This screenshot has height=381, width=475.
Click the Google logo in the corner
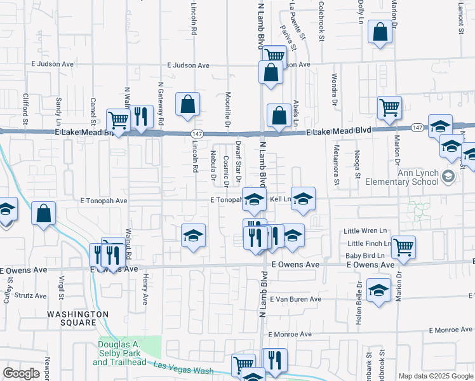click(x=22, y=373)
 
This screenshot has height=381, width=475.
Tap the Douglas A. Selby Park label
click(x=119, y=353)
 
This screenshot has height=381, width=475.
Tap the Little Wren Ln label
click(x=365, y=231)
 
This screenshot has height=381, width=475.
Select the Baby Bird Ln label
click(x=365, y=255)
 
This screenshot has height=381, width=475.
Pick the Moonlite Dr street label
click(x=227, y=102)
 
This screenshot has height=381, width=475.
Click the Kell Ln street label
click(x=280, y=199)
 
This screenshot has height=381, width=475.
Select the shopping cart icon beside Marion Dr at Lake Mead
click(x=389, y=107)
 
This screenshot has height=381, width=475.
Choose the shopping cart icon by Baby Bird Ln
click(x=403, y=247)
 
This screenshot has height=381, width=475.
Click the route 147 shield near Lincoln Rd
click(x=197, y=133)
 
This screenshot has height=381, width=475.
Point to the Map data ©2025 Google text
click(x=435, y=376)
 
